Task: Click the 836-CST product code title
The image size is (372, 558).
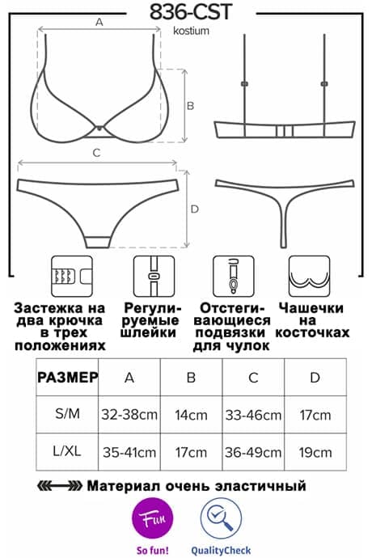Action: (191, 12)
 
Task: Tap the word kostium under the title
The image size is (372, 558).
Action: (191, 31)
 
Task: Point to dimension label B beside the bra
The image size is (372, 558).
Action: (191, 106)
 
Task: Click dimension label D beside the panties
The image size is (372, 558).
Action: (195, 209)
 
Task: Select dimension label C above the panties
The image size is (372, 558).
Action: (96, 153)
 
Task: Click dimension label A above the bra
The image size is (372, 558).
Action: (99, 22)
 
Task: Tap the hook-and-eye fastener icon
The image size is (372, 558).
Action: (72, 276)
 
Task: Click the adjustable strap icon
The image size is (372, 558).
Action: (154, 276)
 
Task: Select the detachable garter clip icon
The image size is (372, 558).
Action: (234, 276)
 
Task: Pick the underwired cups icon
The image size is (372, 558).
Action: (309, 276)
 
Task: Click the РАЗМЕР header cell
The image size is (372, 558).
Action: (67, 377)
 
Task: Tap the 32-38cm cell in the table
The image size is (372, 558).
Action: (129, 415)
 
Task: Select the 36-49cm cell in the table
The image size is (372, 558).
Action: (253, 452)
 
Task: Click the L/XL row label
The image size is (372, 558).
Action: (67, 451)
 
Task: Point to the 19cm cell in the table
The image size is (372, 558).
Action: (315, 452)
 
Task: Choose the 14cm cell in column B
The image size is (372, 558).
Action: (191, 415)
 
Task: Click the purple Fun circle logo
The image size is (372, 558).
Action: (152, 518)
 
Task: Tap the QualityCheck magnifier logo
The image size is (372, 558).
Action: (221, 518)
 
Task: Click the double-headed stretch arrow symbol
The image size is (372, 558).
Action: (60, 485)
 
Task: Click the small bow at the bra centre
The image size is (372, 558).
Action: (99, 128)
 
